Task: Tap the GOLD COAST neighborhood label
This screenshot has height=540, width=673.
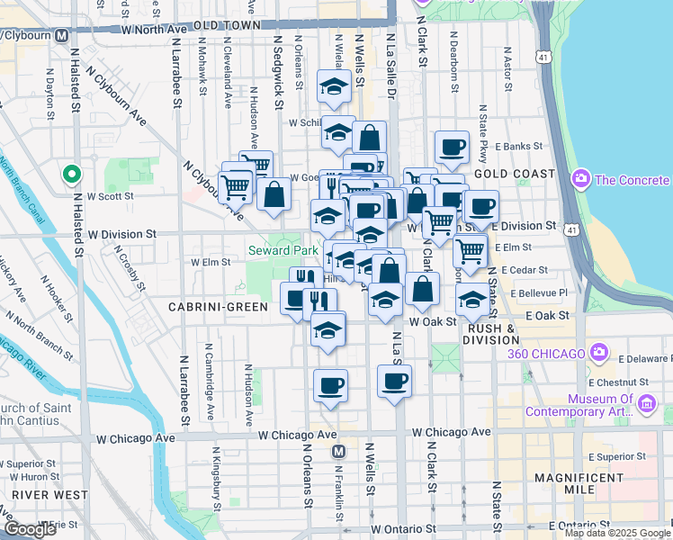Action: click(506, 173)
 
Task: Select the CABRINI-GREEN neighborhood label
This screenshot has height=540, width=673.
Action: click(219, 307)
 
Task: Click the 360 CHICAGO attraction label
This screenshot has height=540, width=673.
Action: click(545, 354)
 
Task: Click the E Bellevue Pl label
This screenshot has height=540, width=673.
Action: click(539, 293)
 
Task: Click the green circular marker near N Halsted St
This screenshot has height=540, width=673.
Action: click(69, 174)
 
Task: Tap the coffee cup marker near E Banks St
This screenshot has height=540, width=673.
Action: click(452, 146)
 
